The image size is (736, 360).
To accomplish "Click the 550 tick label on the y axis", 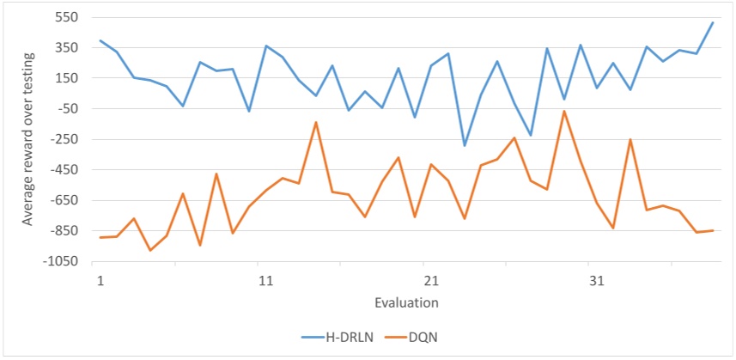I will (66, 17).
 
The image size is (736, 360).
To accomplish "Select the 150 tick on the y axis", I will (66, 78).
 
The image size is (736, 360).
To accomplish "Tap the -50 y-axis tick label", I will (66, 109).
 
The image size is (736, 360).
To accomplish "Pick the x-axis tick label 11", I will (265, 281).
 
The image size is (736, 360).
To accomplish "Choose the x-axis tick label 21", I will (431, 281).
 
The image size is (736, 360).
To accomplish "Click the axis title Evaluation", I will (406, 302).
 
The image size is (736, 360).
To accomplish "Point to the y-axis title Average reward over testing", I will (28, 139).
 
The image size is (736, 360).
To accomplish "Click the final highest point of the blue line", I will (713, 22).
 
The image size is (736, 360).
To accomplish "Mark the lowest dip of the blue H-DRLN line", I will (465, 145).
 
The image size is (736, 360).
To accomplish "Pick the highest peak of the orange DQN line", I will (563, 112).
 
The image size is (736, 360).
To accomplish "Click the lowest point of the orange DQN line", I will (150, 250).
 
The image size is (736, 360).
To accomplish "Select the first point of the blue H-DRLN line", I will (100, 40).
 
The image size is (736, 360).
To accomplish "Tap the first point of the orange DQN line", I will (100, 237).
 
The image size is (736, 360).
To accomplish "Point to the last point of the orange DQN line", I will (713, 230).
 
